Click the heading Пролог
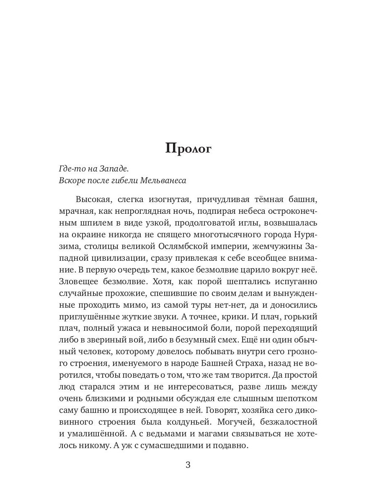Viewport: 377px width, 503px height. pyautogui.click(x=188, y=149)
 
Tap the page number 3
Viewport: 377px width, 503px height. pyautogui.click(x=188, y=465)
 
